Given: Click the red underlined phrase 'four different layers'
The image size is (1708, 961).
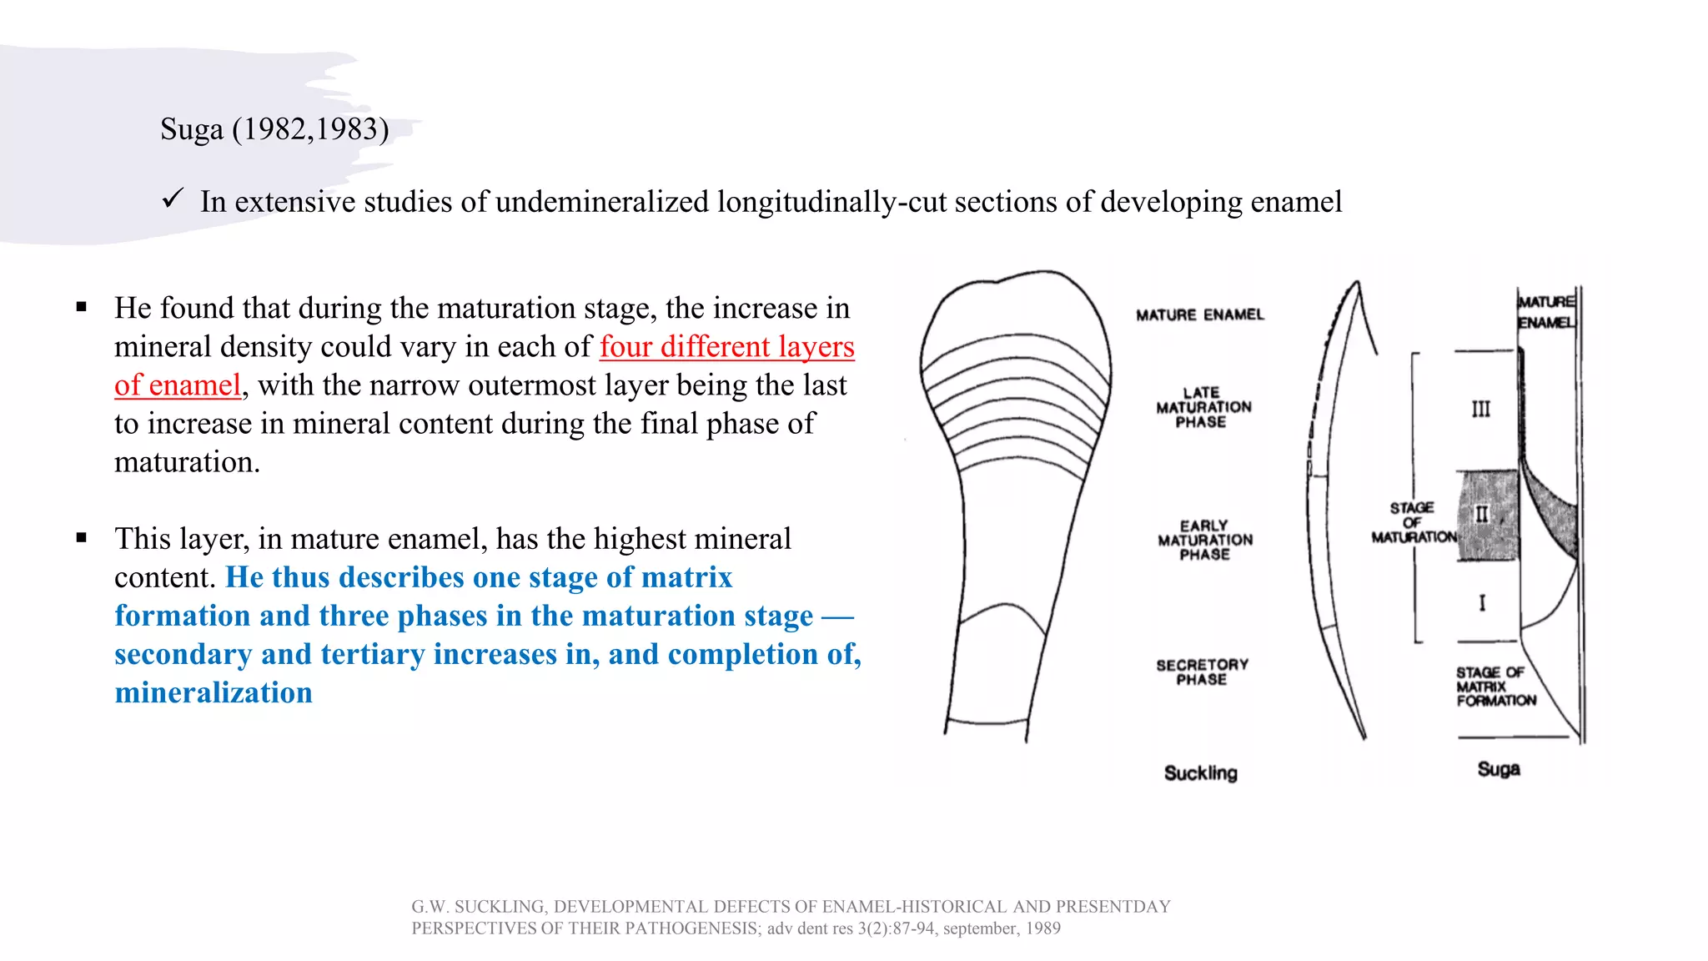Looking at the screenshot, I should pyautogui.click(x=726, y=346).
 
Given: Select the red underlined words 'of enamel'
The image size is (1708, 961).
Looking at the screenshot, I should pyautogui.click(x=178, y=385).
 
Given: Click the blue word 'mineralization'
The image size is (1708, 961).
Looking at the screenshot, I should pyautogui.click(x=213, y=692).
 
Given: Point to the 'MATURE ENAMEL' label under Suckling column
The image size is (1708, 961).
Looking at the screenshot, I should pyautogui.click(x=1199, y=314).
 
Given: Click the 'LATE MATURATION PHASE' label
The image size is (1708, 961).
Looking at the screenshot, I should pyautogui.click(x=1203, y=407).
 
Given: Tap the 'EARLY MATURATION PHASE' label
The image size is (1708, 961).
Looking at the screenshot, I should pyautogui.click(x=1204, y=540).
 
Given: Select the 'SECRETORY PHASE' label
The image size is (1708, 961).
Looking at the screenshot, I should pyautogui.click(x=1202, y=672).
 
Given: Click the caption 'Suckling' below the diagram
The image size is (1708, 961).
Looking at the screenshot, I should pyautogui.click(x=1200, y=773).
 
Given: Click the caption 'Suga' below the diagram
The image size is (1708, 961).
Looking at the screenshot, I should pyautogui.click(x=1498, y=769).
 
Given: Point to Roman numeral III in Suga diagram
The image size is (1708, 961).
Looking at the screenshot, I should pyautogui.click(x=1480, y=409).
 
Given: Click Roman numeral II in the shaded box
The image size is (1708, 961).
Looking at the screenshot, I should pyautogui.click(x=1481, y=514).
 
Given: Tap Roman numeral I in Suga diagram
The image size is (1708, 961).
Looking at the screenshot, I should pyautogui.click(x=1482, y=602).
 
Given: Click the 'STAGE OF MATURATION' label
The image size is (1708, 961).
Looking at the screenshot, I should pyautogui.click(x=1413, y=522).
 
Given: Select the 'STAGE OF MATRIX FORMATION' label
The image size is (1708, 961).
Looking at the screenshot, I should pyautogui.click(x=1494, y=687).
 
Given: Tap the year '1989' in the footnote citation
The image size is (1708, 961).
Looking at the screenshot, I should pyautogui.click(x=1043, y=928).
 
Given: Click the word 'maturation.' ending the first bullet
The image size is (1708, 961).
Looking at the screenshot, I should pyautogui.click(x=187, y=461).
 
